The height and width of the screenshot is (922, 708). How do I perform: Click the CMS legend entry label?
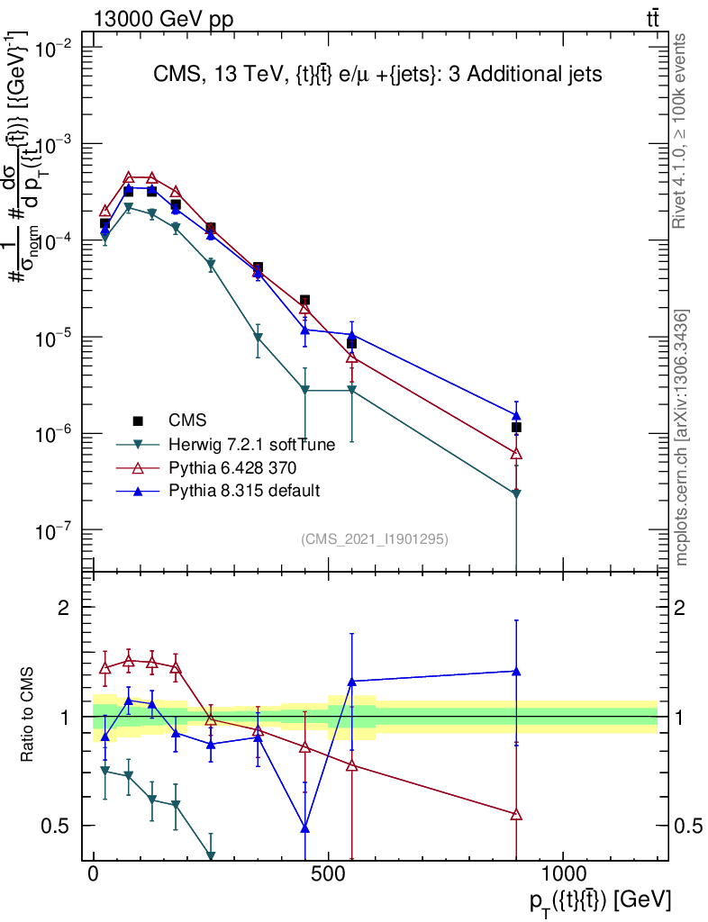click(x=187, y=420)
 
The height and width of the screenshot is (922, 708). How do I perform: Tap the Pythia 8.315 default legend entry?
click(x=244, y=491)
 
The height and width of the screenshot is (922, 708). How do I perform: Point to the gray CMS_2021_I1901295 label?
click(x=375, y=539)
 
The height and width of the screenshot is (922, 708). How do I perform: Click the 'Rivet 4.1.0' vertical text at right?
click(x=681, y=131)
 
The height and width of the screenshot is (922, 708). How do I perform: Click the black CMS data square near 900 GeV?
click(x=516, y=428)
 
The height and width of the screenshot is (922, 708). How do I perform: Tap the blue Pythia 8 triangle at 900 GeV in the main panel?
click(x=516, y=415)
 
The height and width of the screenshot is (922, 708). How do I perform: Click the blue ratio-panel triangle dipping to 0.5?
click(x=305, y=827)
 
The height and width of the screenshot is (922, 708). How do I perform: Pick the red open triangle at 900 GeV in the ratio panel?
click(x=516, y=815)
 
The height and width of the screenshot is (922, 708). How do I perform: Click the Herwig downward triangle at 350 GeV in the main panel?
click(x=259, y=339)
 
